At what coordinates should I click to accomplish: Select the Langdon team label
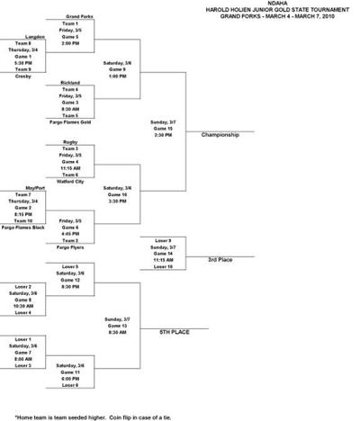click(x=24, y=36)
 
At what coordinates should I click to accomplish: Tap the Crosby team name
click(x=24, y=76)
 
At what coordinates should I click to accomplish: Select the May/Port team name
click(x=24, y=187)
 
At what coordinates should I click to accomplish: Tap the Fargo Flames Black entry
click(x=24, y=228)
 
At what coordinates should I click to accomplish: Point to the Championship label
click(x=221, y=135)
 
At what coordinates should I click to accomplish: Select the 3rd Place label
click(x=220, y=260)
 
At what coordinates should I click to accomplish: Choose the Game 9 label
click(x=119, y=68)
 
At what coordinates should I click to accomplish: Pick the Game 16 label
click(x=119, y=193)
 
